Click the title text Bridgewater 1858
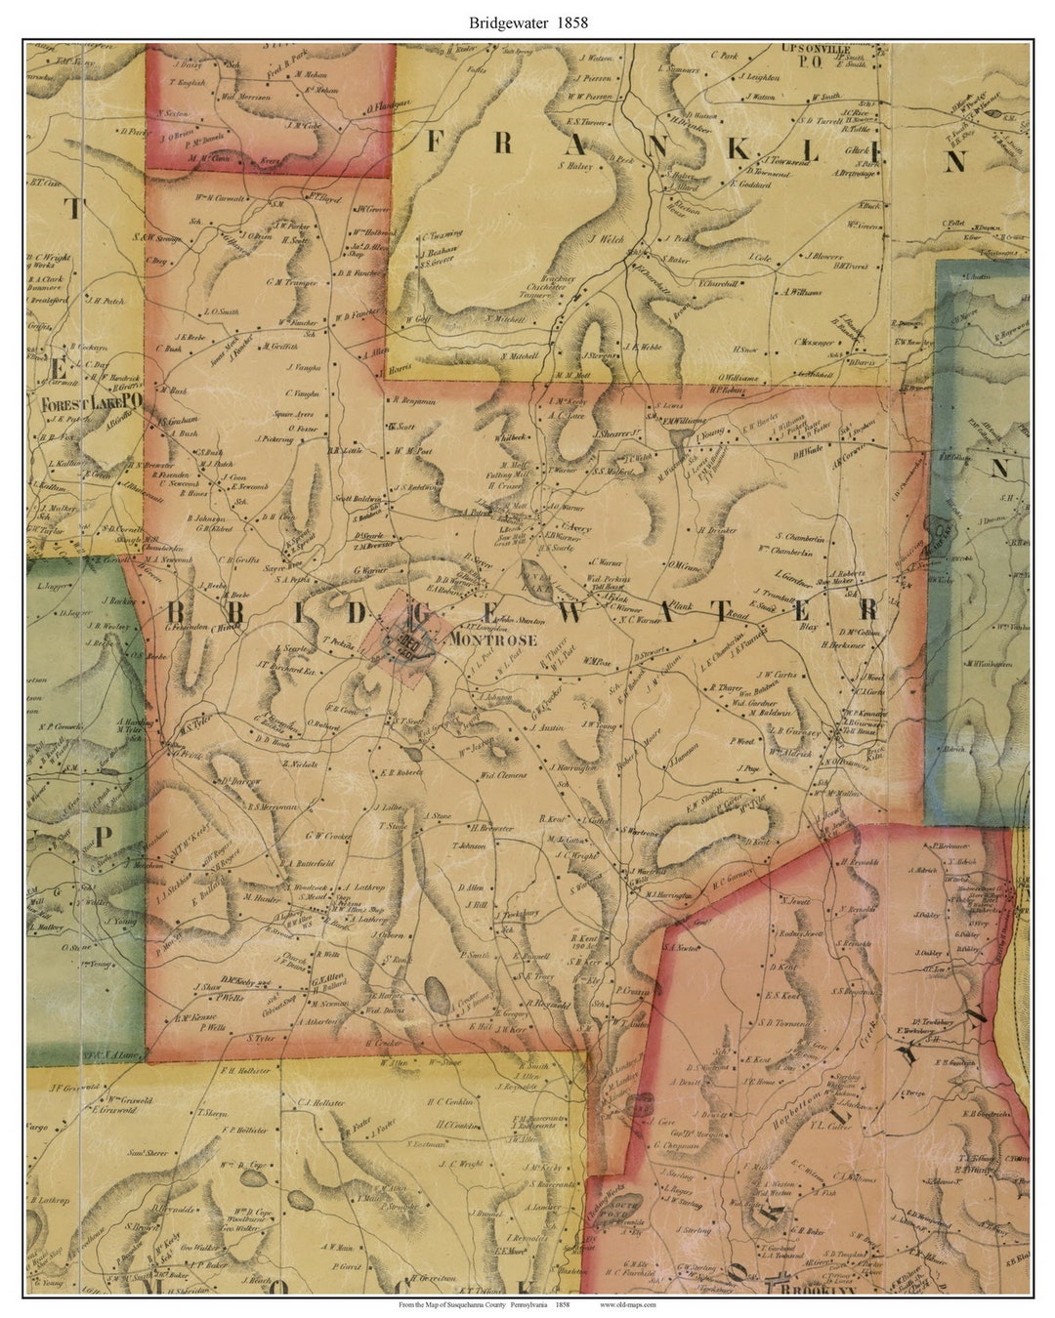pyautogui.click(x=527, y=21)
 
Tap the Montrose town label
pyautogui.click(x=494, y=640)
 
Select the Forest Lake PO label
pyautogui.click(x=92, y=401)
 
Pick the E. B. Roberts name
pyautogui.click(x=401, y=771)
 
